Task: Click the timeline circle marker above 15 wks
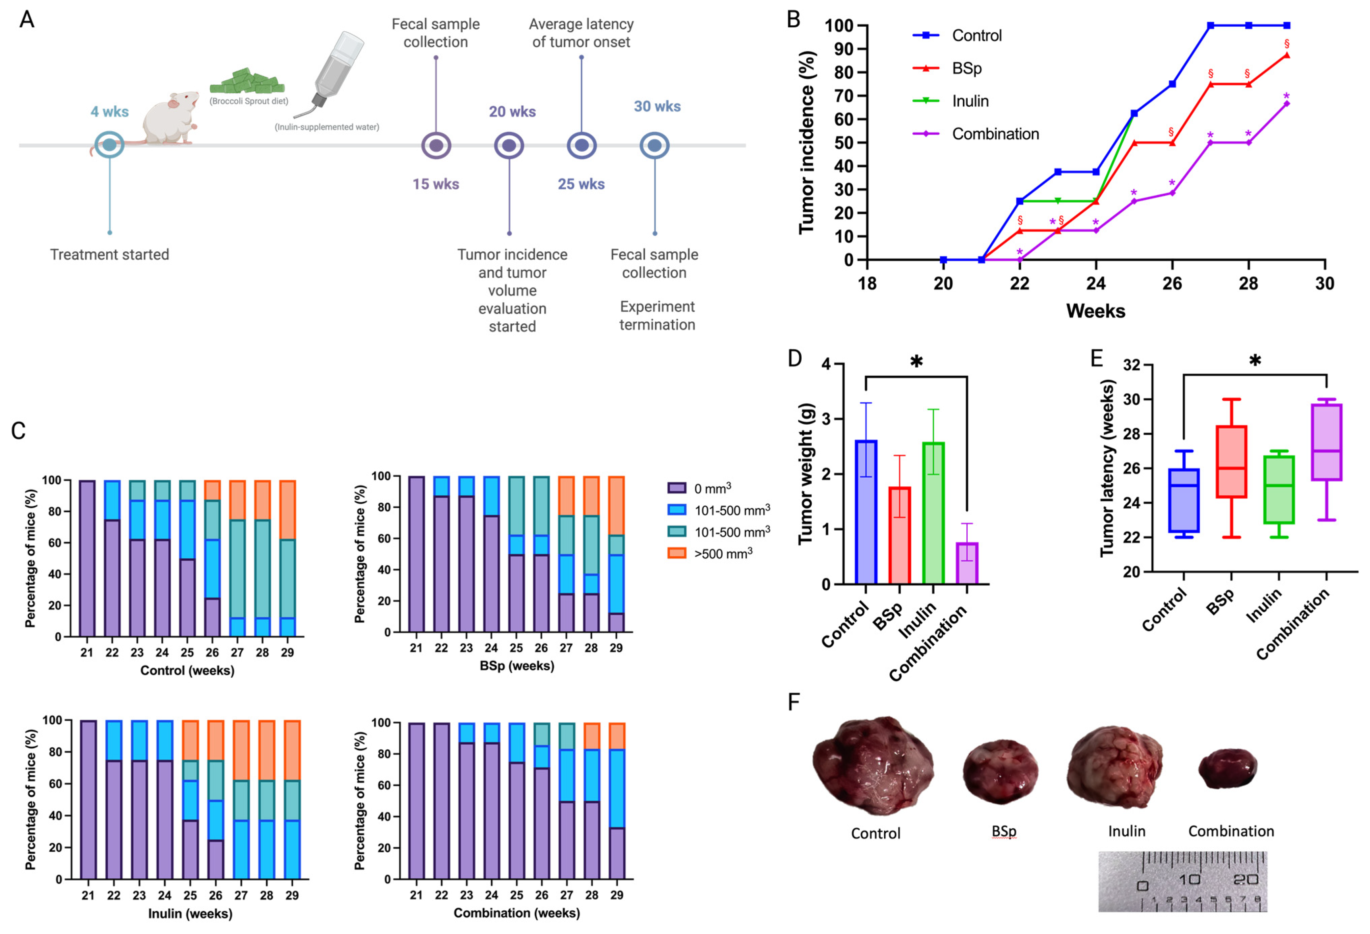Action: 436,145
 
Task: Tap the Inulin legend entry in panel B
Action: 970,101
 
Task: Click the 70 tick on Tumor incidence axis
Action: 845,96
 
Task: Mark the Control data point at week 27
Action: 1210,25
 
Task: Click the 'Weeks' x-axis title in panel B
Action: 1095,311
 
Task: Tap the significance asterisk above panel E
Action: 1255,360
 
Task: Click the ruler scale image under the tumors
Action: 1182,882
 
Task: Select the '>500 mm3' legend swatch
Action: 676,553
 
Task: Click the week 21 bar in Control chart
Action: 87,558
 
